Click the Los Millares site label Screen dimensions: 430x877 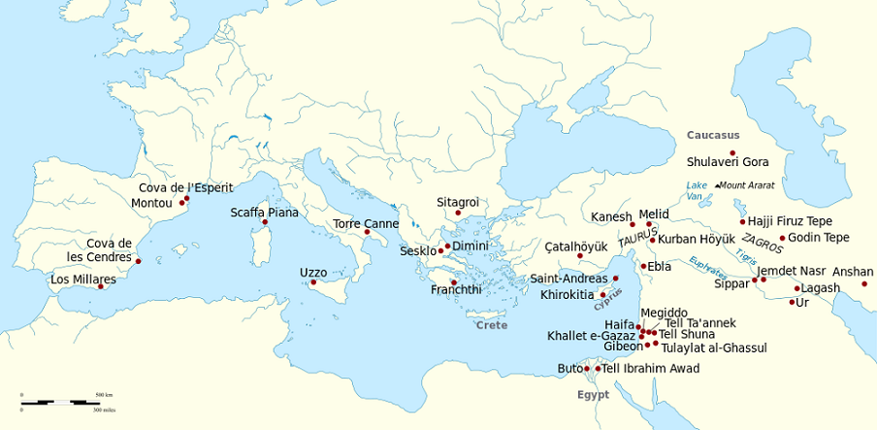tap(82, 280)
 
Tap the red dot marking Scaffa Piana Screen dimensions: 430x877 tap(265, 223)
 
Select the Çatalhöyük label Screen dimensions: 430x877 tap(575, 246)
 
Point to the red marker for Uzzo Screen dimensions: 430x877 tap(313, 282)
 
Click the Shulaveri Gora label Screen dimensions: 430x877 tap(728, 162)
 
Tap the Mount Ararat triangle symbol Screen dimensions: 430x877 tap(717, 185)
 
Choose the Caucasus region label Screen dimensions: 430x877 tap(713, 135)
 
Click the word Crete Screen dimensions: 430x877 tap(492, 325)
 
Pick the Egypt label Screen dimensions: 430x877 tap(593, 395)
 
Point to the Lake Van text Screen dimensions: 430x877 tap(697, 190)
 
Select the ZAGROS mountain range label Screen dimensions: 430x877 tap(762, 243)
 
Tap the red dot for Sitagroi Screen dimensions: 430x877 tap(458, 214)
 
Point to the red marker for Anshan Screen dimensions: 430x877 tap(864, 283)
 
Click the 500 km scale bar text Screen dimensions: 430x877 tap(104, 396)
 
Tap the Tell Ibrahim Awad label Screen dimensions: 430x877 tap(650, 369)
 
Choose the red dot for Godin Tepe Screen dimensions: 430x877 tap(782, 238)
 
